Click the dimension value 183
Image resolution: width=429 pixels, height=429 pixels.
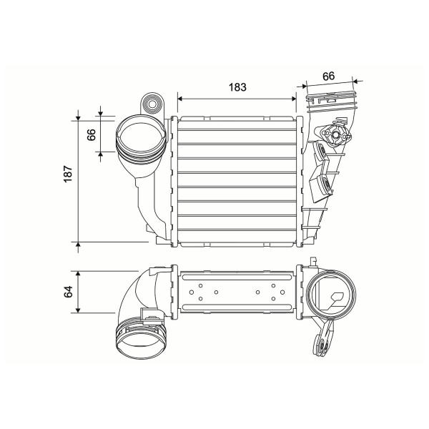pos(237,87)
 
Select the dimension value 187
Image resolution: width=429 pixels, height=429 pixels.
pos(68,174)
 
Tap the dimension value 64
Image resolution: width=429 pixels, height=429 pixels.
pos(68,292)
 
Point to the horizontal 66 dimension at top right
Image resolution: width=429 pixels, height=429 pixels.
pos(329,77)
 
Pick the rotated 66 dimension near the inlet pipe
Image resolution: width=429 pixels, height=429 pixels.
pos(92,134)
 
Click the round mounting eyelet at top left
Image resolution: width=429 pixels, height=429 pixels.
pos(152,104)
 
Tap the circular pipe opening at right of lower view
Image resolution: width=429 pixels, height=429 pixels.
pos(330,295)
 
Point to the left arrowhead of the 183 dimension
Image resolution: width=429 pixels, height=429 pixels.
pos(179,99)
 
